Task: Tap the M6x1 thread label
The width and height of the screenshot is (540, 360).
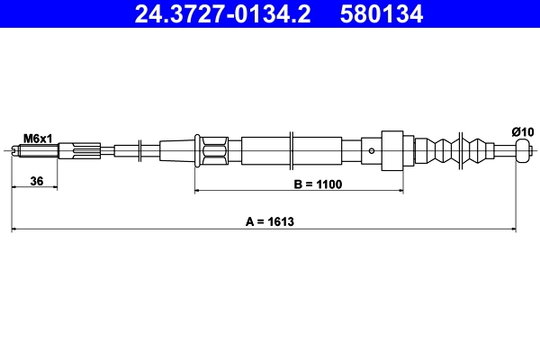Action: [x=38, y=138]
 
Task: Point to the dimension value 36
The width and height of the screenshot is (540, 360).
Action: [x=37, y=182]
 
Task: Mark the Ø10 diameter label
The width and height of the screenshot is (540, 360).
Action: [x=522, y=132]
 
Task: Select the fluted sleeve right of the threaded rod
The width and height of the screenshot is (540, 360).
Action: [x=79, y=151]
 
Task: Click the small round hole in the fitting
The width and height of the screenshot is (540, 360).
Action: [x=373, y=151]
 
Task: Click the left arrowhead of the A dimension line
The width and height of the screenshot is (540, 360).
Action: [x=15, y=230]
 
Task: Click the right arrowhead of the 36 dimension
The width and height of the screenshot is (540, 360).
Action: [x=54, y=188]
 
